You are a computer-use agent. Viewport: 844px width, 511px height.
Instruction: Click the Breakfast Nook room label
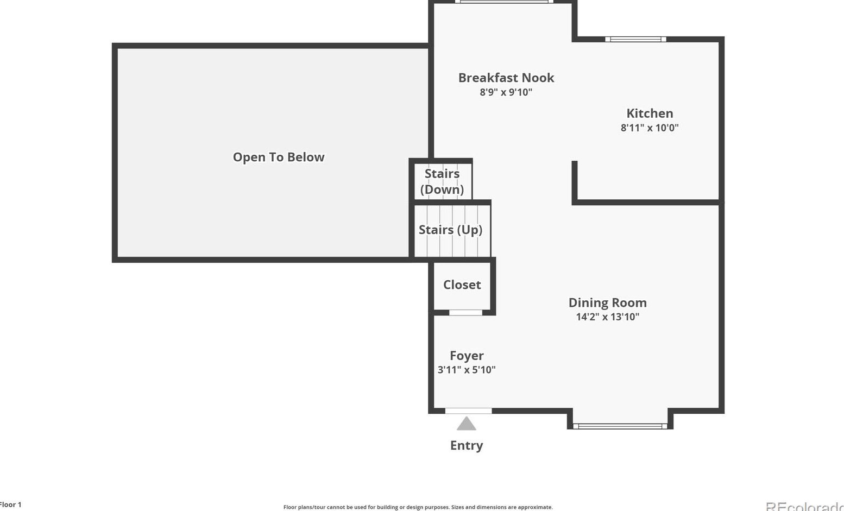point(506,78)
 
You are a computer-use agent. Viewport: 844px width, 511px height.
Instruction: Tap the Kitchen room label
point(650,113)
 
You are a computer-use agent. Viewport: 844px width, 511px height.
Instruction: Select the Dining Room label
point(607,302)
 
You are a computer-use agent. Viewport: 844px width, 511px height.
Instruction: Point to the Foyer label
point(467,356)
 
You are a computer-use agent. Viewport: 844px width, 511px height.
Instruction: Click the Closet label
point(462,285)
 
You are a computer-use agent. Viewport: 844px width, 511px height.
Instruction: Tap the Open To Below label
point(279,157)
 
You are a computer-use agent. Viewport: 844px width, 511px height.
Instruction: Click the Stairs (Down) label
point(442,181)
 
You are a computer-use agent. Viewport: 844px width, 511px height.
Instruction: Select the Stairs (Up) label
point(450,230)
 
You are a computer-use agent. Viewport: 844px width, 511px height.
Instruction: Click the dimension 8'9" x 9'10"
point(506,92)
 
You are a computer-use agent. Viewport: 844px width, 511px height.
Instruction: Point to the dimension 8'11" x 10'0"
point(650,128)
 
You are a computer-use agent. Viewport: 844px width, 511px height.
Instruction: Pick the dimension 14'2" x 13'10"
point(607,317)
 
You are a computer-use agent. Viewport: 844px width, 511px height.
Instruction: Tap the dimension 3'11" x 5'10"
point(467,370)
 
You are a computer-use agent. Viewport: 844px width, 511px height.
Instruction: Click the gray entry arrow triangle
point(467,424)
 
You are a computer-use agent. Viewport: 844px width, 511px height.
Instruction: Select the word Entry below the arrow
point(467,445)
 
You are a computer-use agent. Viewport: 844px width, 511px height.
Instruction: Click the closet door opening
point(465,313)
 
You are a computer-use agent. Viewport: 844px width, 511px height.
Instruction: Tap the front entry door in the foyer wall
point(468,411)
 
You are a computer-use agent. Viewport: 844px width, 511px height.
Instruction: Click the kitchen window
point(635,39)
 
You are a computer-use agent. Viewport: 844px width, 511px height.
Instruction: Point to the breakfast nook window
point(504,2)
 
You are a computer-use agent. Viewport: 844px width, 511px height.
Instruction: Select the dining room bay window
point(620,426)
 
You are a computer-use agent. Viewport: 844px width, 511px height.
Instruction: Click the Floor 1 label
point(11,504)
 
